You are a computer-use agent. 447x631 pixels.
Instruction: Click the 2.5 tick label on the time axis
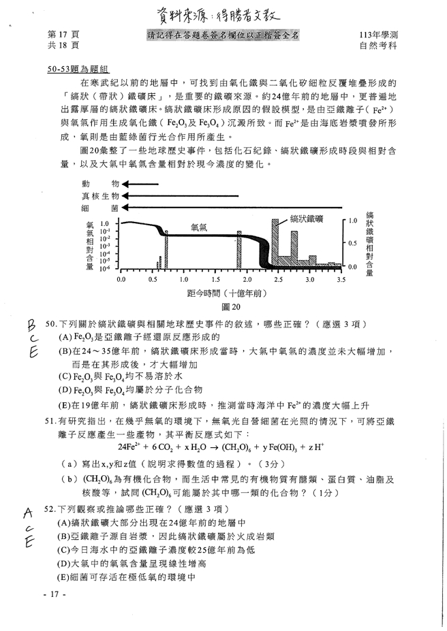click(x=278, y=279)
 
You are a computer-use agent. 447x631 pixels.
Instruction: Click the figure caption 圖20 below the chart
click(x=230, y=307)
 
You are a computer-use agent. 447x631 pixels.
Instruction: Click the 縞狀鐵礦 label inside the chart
click(x=306, y=219)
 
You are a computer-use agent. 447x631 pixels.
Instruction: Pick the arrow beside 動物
click(x=140, y=184)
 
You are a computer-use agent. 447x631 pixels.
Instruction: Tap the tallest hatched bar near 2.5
click(x=275, y=243)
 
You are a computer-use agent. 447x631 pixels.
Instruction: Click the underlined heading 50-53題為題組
click(x=79, y=69)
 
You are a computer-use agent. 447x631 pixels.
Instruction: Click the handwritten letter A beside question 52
click(x=28, y=511)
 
